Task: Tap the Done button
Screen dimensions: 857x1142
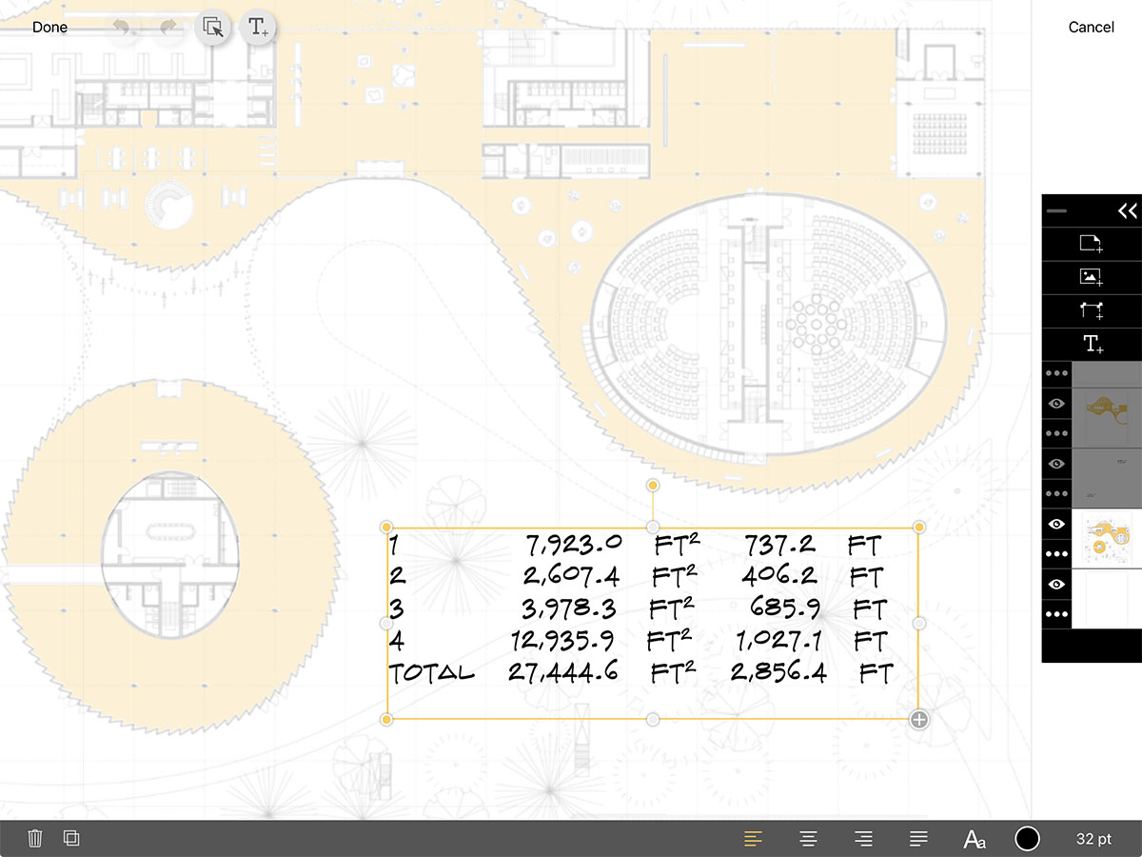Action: coord(49,28)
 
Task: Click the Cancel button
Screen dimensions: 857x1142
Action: coord(1091,28)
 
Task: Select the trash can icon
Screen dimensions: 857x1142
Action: coord(35,838)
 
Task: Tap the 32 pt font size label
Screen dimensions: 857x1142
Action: coord(1093,839)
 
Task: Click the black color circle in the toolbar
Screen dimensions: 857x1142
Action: coord(1027,839)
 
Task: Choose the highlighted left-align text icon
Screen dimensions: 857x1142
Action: coord(753,839)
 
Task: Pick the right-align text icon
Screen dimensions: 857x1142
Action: coord(863,839)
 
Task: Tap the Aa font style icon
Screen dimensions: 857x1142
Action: coord(975,839)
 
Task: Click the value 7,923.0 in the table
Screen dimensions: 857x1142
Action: coord(574,545)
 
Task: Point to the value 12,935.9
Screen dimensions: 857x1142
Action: coord(567,640)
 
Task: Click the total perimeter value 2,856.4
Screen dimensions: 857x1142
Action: coord(778,672)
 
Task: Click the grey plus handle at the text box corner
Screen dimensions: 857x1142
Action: coord(919,720)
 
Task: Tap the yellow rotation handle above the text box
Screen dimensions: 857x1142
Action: coord(653,486)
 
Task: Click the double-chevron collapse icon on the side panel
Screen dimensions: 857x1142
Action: coord(1127,211)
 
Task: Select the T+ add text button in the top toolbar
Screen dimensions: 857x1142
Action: coord(257,27)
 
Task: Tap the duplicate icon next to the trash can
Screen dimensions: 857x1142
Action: coord(71,838)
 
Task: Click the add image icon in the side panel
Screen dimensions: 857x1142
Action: coord(1091,277)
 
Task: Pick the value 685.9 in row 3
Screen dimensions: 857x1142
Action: coord(784,608)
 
